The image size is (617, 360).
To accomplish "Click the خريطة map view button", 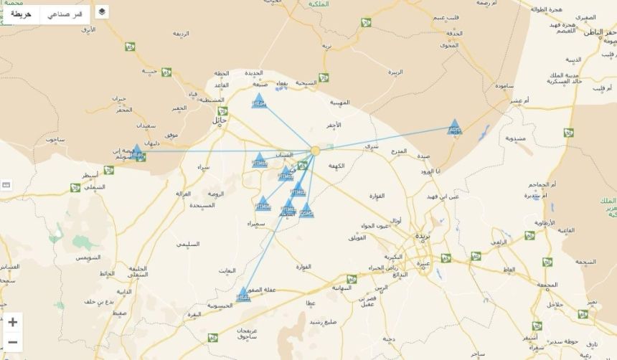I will click(21, 14).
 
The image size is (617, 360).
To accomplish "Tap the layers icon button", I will click(102, 11).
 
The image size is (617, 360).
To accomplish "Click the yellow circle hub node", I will click(315, 151).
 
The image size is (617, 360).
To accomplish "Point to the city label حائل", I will click(218, 120).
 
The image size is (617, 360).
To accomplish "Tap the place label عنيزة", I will click(423, 262).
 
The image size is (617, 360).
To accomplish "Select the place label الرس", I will click(381, 287).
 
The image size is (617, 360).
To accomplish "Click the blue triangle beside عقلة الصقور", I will click(244, 294).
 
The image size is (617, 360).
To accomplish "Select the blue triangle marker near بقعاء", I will click(259, 101).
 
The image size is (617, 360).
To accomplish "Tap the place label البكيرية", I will click(394, 256).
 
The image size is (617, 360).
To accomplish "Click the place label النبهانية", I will click(340, 287).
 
